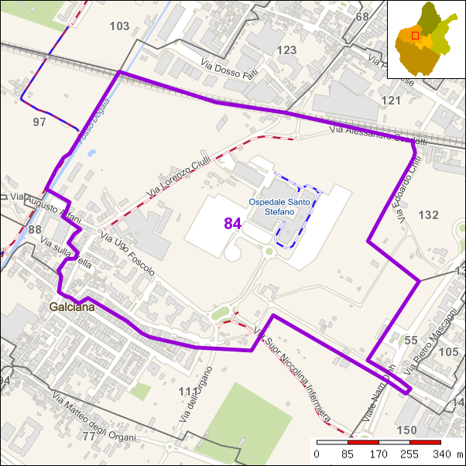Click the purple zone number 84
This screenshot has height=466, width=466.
(x=233, y=224)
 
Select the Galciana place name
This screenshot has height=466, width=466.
(x=73, y=307)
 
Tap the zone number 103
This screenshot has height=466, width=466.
(x=119, y=26)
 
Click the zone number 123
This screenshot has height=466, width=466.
(x=286, y=50)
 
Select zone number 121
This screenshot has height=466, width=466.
(x=392, y=101)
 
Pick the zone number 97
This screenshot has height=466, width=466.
(x=39, y=122)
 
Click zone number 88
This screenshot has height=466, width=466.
(x=35, y=229)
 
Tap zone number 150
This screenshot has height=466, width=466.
(x=406, y=430)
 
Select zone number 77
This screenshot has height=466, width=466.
(x=88, y=437)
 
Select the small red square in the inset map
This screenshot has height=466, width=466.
(x=415, y=35)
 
